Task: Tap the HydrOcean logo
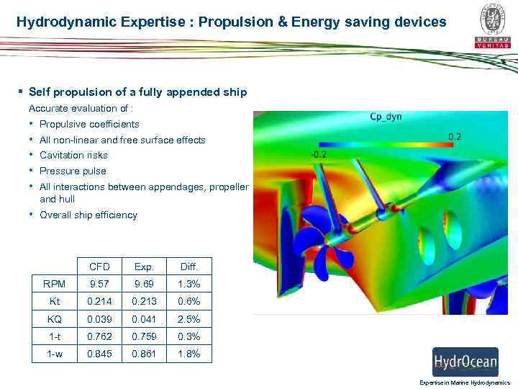(x=465, y=361)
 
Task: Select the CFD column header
(x=99, y=267)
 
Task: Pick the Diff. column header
(x=190, y=267)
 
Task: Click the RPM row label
(x=55, y=285)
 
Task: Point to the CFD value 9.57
(x=99, y=285)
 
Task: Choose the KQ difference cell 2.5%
(x=190, y=319)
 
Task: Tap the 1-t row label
(x=55, y=336)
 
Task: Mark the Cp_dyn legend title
(x=386, y=117)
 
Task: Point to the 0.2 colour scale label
(x=455, y=136)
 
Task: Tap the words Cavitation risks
(x=73, y=155)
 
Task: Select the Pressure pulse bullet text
(x=73, y=171)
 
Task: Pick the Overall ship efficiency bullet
(x=88, y=215)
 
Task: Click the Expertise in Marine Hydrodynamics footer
(x=465, y=383)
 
